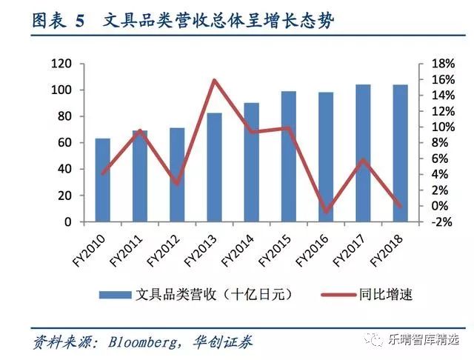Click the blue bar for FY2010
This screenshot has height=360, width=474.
click(102, 180)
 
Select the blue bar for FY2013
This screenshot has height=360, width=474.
click(214, 167)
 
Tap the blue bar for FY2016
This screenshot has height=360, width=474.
click(326, 157)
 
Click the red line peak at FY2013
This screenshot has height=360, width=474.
click(214, 80)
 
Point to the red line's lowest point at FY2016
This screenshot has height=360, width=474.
click(326, 212)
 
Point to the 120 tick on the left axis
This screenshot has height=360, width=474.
click(61, 64)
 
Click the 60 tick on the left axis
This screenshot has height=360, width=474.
click(64, 143)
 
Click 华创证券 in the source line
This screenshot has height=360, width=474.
click(225, 341)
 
